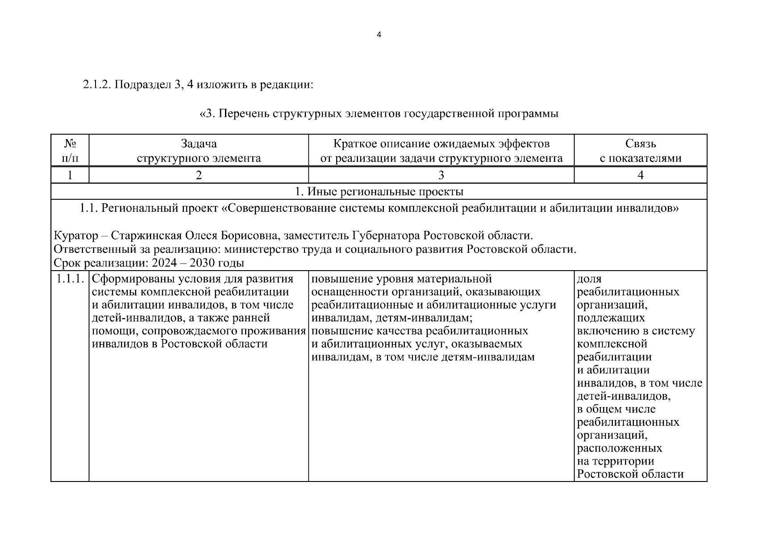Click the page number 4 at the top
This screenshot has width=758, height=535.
pos(379,35)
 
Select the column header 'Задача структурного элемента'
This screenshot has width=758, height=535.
pos(199,151)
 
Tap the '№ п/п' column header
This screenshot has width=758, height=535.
pos(70,151)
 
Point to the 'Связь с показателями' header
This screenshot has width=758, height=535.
pos(640,151)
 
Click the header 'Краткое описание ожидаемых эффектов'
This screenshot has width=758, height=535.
pos(441,144)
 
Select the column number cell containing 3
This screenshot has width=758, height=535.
pos(441,175)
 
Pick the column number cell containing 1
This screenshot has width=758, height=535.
pos(70,175)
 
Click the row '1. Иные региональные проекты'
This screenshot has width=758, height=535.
pos(379,192)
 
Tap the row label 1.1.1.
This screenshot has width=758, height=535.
pos(70,279)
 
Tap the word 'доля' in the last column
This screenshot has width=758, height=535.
pos(589,279)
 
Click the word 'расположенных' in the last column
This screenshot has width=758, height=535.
pos(620,448)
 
